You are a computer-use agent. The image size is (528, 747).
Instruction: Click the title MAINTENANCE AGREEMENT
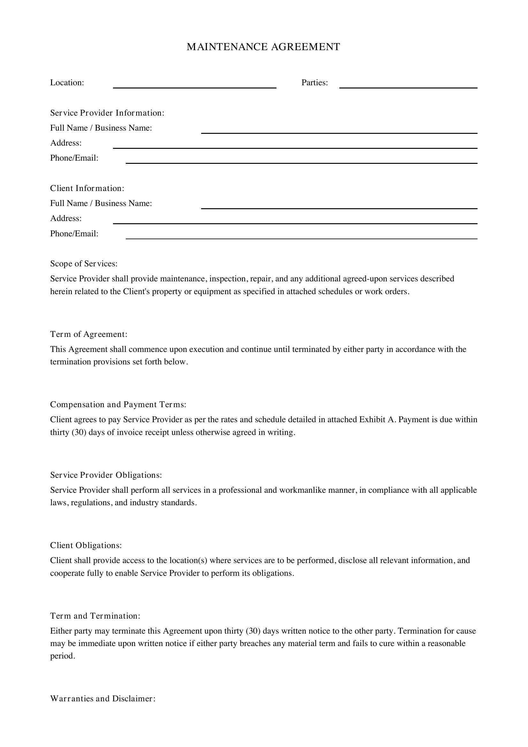click(x=263, y=47)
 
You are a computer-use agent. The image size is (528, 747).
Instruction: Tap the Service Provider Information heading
click(x=107, y=113)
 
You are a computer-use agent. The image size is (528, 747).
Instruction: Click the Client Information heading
click(x=87, y=188)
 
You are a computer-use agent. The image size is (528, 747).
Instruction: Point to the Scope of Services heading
click(x=84, y=263)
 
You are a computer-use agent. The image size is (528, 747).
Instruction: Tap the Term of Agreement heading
click(x=88, y=334)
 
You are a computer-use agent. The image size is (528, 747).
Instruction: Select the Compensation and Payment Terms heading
click(x=118, y=404)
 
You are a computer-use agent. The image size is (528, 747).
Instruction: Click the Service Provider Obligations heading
click(x=106, y=475)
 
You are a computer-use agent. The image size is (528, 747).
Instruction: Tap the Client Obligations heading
click(x=86, y=545)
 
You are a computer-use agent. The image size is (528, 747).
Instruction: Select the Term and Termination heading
click(x=95, y=616)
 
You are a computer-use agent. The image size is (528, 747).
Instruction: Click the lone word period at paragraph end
click(x=62, y=656)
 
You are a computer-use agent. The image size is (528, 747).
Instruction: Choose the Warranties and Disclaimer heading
click(x=103, y=699)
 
